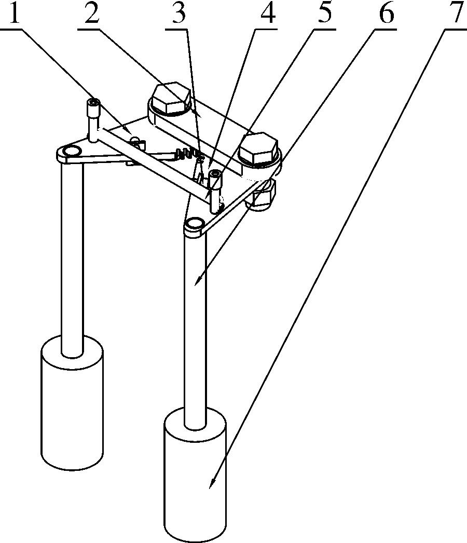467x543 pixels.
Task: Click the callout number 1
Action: tap(14, 12)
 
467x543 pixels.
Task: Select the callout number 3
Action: tap(179, 13)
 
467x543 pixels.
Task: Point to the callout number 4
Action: tap(267, 13)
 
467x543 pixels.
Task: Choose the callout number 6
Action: tap(386, 13)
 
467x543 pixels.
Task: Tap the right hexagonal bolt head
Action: tap(258, 148)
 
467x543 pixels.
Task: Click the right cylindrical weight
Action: tap(196, 475)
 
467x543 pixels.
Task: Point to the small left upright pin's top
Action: tap(93, 103)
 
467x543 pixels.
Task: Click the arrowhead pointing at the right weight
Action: tap(212, 483)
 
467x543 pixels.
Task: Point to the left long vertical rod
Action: tap(72, 259)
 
